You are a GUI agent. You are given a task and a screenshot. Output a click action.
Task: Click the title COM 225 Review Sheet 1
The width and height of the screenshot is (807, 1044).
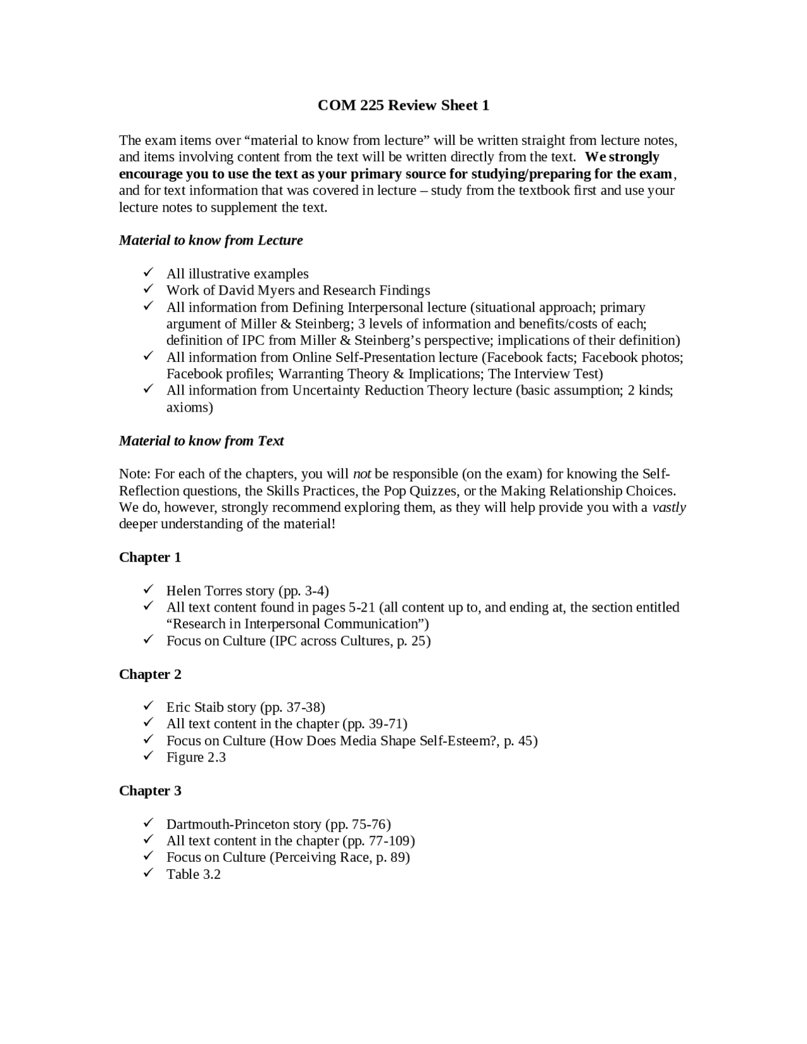403,105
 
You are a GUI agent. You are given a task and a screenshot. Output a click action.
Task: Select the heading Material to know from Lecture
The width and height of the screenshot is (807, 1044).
211,240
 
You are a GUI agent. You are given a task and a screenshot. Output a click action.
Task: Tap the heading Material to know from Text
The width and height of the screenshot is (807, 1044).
201,441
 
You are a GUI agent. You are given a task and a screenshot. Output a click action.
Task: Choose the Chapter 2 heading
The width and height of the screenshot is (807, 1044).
150,674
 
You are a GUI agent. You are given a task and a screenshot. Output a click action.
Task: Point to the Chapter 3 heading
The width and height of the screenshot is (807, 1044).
150,791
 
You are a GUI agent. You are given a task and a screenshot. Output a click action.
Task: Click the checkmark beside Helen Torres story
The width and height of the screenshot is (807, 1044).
148,589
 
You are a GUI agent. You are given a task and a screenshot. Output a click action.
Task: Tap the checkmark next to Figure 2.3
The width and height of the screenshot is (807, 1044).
148,756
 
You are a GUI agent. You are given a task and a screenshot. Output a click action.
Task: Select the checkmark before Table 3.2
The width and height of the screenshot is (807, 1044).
148,873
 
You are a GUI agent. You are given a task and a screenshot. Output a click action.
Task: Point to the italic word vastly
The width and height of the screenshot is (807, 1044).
669,507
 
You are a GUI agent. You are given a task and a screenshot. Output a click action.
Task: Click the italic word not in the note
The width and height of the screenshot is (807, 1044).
361,474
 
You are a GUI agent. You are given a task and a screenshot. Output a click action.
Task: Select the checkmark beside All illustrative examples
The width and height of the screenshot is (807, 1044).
148,272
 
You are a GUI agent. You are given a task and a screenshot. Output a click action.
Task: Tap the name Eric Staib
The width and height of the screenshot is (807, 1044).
195,707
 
